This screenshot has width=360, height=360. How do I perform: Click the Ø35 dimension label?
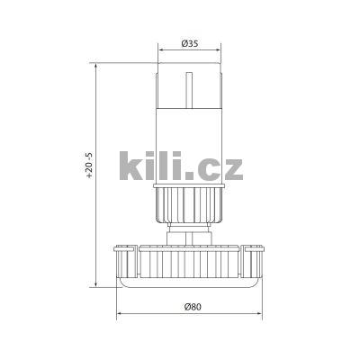tap(188, 42)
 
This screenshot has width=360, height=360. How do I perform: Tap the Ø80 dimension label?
tap(191, 307)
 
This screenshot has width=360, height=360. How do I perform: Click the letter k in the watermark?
tap(135, 166)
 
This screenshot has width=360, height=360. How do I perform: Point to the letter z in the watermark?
tap(233, 166)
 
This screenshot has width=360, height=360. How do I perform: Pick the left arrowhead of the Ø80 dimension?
tap(120, 315)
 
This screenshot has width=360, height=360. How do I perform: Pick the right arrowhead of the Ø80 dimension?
tap(263, 315)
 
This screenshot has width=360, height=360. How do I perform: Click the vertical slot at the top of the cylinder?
tap(189, 85)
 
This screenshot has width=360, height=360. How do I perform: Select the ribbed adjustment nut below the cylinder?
tap(189, 205)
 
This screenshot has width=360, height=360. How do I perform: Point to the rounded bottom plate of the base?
tap(191, 283)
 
